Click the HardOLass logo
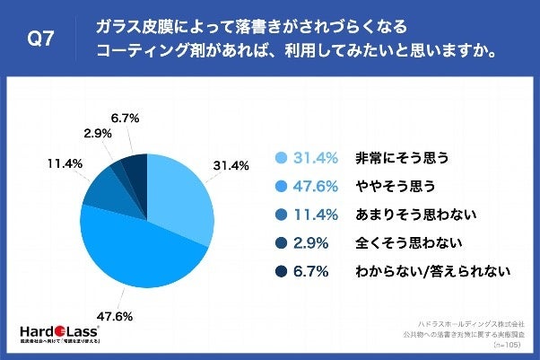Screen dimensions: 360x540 [x=51, y=328]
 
